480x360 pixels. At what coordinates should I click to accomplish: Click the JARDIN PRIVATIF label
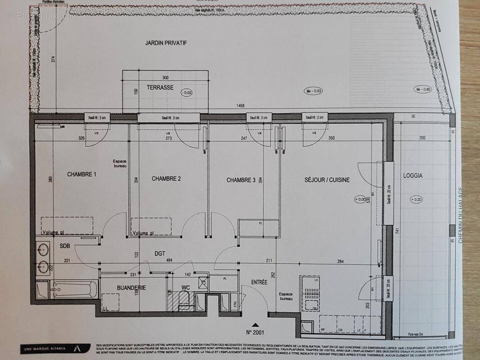pyautogui.click(x=166, y=43)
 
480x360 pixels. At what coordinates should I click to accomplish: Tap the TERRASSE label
pyautogui.click(x=160, y=88)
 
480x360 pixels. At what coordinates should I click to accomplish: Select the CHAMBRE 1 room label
pyautogui.click(x=82, y=174)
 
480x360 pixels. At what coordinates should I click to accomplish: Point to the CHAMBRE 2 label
pyautogui.click(x=166, y=179)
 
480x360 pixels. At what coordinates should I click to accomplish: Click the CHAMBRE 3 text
pyautogui.click(x=241, y=180)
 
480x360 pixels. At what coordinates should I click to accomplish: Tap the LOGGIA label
pyautogui.click(x=413, y=175)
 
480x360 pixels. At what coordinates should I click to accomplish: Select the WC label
pyautogui.click(x=186, y=287)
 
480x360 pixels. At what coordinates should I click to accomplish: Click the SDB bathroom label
pyautogui.click(x=65, y=246)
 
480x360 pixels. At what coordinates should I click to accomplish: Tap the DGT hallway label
pyautogui.click(x=160, y=254)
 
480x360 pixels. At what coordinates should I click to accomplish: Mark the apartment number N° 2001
pyautogui.click(x=256, y=333)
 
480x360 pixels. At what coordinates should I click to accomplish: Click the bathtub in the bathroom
pyautogui.click(x=74, y=290)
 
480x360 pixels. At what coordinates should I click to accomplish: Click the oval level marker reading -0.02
pyautogui.click(x=186, y=93)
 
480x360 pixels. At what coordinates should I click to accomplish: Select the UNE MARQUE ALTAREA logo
pyautogui.click(x=50, y=348)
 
